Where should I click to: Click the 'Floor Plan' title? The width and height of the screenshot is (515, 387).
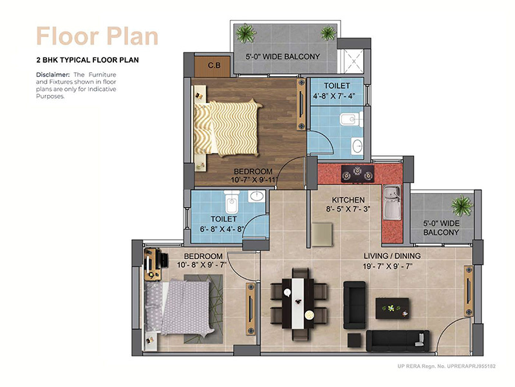pyautogui.click(x=97, y=35)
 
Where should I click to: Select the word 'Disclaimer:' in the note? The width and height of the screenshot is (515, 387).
pyautogui.click(x=53, y=75)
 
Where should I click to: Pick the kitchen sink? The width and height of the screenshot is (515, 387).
pyautogui.click(x=391, y=201)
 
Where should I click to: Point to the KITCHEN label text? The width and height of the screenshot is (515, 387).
pyautogui.click(x=348, y=200)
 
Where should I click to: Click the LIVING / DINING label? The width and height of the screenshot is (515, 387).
pyautogui.click(x=393, y=256)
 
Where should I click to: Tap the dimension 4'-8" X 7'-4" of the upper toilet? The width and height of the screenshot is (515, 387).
pyautogui.click(x=337, y=97)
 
